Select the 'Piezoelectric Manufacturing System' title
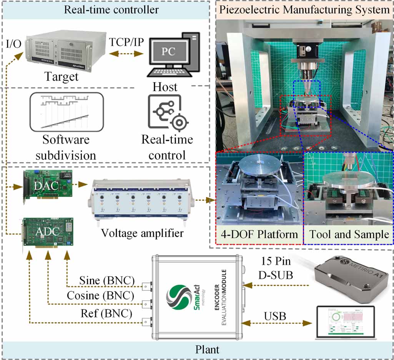coord(304,9)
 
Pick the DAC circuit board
coord(48,185)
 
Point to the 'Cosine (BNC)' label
coord(101,296)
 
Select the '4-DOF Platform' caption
coord(259,234)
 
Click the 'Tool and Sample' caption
coord(349,234)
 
